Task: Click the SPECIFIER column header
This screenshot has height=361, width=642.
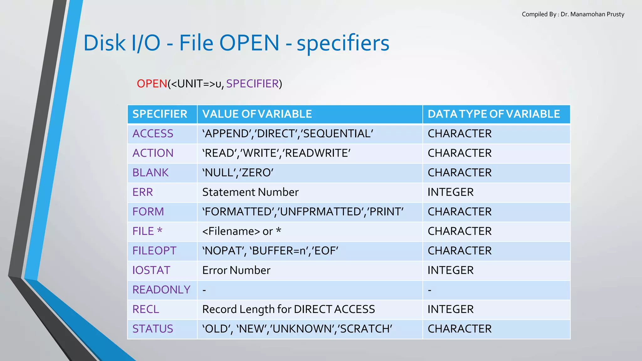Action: [x=160, y=114]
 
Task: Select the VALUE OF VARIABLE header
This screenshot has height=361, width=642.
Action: [x=257, y=114]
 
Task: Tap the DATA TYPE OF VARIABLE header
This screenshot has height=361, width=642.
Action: [x=493, y=114]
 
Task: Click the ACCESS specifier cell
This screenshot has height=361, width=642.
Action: [x=153, y=134]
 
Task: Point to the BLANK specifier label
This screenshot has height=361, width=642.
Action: [x=150, y=173]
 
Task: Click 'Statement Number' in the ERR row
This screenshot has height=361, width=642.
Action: [x=250, y=192]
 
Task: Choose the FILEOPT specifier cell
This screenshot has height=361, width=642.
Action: [x=154, y=251]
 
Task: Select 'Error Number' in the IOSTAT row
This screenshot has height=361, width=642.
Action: [x=236, y=270]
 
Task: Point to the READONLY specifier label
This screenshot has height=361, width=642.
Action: [x=161, y=290]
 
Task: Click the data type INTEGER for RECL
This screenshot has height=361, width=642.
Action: [x=450, y=309]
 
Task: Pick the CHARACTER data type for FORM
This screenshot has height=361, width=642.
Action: [x=460, y=212]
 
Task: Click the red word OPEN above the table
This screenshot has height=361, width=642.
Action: [x=152, y=84]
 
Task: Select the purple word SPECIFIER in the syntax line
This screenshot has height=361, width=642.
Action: [x=252, y=84]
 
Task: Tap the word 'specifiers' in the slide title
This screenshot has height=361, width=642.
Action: [x=343, y=43]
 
